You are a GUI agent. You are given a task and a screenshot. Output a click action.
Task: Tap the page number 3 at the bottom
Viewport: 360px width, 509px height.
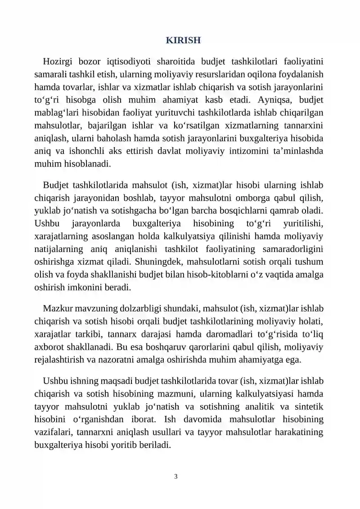click(x=175, y=476)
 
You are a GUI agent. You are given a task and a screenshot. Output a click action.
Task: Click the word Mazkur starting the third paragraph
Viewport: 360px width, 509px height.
click(x=57, y=309)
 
